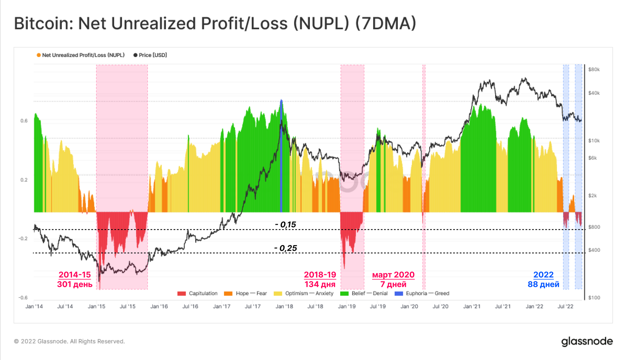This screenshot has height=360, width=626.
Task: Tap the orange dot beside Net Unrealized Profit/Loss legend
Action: point(38,55)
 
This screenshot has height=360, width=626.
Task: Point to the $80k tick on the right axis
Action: point(594,69)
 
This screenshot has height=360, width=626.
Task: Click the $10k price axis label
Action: point(594,141)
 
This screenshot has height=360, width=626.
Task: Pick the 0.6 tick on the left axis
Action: point(24,121)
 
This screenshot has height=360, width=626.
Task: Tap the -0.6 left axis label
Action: point(23,298)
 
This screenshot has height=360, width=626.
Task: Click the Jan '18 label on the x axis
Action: point(284,306)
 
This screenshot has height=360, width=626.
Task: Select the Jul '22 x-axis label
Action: point(565,306)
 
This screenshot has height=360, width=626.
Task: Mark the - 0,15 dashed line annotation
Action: point(285,224)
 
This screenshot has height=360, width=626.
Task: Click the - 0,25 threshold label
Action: point(285,248)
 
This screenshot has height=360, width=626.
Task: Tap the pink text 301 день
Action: point(74,284)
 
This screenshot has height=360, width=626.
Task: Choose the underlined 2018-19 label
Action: point(320,275)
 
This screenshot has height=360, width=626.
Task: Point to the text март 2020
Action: point(393,275)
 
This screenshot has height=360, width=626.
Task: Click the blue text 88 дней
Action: point(543,284)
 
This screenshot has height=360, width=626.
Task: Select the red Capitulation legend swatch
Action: point(182,294)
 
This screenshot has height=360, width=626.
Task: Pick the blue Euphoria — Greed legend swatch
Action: point(399,294)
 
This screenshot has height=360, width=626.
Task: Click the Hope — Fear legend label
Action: point(251,294)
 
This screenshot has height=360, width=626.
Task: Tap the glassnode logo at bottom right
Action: point(587,342)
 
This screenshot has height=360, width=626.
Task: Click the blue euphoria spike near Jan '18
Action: point(281,157)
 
